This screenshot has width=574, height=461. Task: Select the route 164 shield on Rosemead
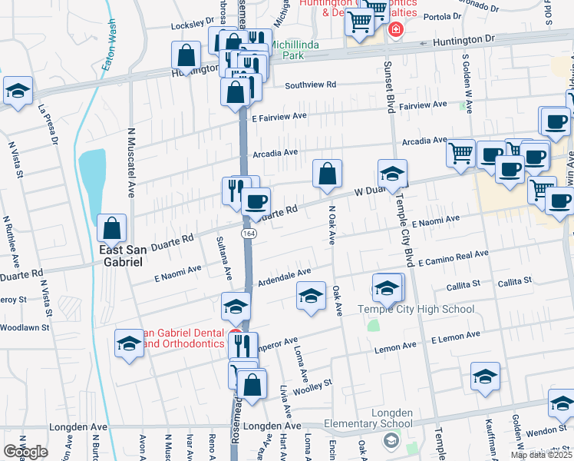coord(249,233)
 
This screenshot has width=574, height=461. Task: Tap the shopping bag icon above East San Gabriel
coord(112,227)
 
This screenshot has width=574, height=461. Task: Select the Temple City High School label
coord(416,310)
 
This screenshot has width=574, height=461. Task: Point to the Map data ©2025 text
coord(542,455)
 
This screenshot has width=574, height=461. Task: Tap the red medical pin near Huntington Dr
coord(395,31)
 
